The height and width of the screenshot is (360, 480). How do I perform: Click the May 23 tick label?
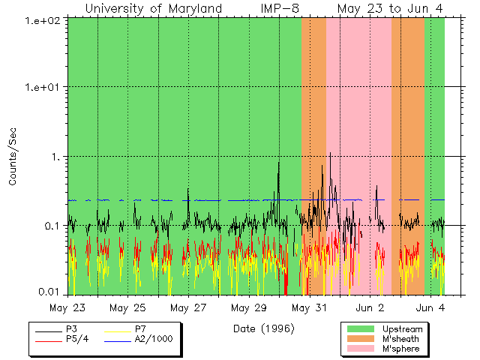click(67, 307)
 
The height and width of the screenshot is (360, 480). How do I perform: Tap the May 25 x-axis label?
click(127, 307)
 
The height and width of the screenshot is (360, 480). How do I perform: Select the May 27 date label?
click(188, 307)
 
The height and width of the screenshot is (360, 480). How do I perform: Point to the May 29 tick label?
click(248, 307)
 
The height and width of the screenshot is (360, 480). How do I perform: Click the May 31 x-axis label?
click(309, 307)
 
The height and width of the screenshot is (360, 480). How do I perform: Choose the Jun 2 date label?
click(370, 307)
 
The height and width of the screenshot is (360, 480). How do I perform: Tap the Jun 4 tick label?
click(430, 307)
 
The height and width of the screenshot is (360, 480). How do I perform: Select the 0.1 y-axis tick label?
click(53, 226)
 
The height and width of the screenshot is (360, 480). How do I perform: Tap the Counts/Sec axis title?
click(13, 157)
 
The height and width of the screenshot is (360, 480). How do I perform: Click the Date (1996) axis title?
click(263, 328)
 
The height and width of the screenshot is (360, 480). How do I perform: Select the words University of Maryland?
click(154, 8)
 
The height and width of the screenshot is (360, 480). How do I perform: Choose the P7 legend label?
click(140, 329)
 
